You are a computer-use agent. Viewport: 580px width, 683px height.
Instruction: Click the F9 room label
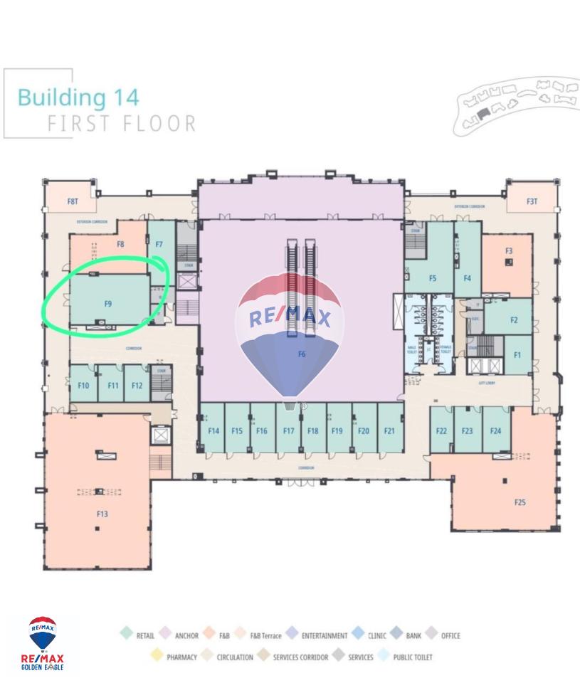click(108, 304)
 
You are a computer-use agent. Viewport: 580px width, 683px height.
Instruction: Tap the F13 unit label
click(102, 514)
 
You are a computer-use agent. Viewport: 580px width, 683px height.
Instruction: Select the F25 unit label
click(520, 502)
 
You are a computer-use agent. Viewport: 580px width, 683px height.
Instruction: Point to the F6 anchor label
click(302, 354)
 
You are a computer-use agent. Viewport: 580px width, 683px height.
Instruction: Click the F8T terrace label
click(73, 202)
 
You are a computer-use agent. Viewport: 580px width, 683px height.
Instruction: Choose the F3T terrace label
click(532, 202)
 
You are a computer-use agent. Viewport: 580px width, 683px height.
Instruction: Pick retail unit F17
click(288, 430)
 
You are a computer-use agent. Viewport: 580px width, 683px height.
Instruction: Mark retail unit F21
click(389, 430)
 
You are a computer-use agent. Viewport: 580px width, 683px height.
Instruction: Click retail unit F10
click(83, 386)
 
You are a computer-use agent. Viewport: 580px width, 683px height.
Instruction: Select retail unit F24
click(496, 430)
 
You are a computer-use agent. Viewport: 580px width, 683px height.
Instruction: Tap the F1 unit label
click(517, 355)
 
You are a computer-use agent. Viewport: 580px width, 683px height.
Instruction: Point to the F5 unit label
click(433, 279)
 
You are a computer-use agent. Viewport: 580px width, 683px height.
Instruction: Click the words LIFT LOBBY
click(486, 383)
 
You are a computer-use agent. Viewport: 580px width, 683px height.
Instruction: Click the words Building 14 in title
click(78, 97)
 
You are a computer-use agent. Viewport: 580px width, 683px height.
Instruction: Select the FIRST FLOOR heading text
click(122, 124)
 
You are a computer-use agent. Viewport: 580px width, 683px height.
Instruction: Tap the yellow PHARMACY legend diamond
click(157, 657)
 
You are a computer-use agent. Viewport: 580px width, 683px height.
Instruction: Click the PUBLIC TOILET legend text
click(412, 657)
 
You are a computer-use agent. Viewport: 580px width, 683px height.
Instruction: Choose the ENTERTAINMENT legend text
click(324, 636)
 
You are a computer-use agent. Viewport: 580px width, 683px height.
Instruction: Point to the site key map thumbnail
click(516, 105)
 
